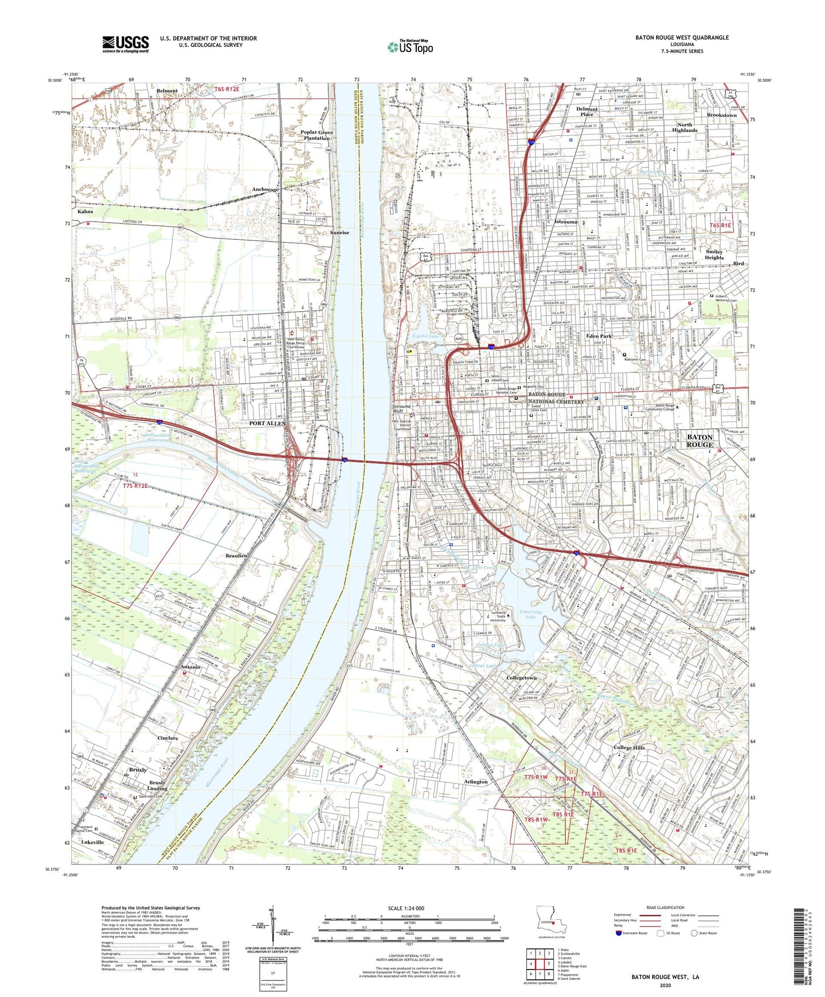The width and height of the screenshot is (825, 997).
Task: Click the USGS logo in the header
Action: tap(126, 43)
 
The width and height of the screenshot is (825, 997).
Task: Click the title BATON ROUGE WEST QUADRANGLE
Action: tap(682, 38)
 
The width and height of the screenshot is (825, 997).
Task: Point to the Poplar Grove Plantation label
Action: tap(317, 135)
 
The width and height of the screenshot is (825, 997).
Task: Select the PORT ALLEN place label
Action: tap(267, 423)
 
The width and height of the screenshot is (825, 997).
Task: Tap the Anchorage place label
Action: tap(265, 189)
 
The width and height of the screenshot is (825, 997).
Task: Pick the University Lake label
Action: tap(531, 614)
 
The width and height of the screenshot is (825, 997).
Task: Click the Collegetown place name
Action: tap(521, 678)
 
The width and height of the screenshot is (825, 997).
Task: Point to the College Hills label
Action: tap(629, 747)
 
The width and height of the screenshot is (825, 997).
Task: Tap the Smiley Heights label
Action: tap(714, 254)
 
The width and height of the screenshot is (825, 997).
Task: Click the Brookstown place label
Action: tap(721, 115)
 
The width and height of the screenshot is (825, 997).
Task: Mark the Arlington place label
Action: tap(476, 782)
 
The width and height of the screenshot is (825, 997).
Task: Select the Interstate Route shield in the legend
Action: tap(619, 933)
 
